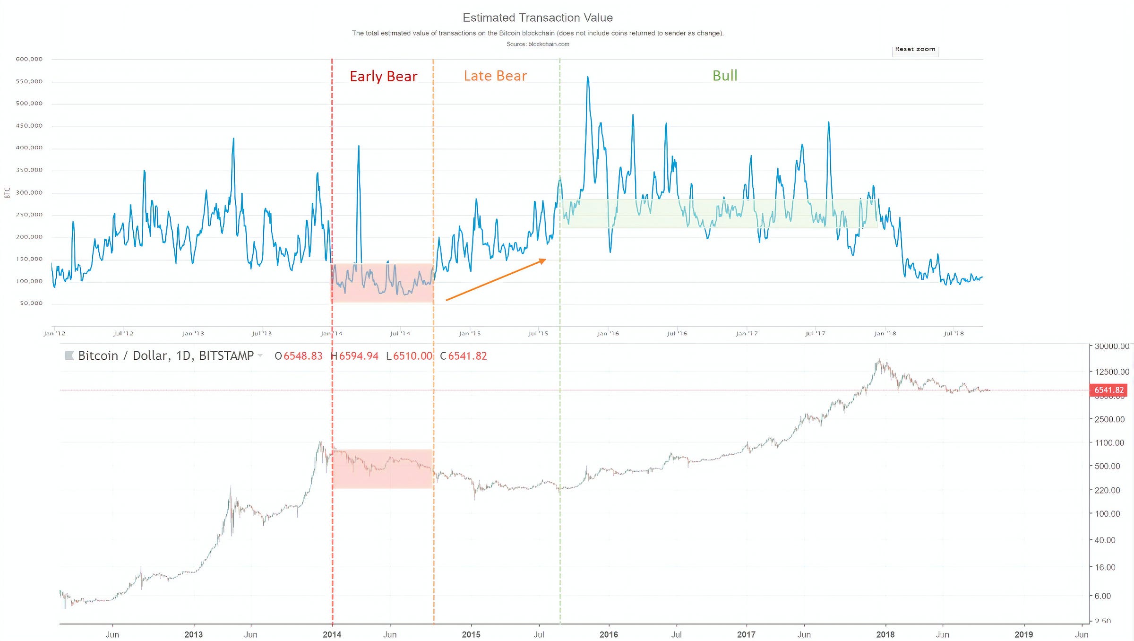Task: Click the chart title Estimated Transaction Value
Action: [x=538, y=18]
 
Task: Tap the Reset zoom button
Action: [x=915, y=50]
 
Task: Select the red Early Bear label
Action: [x=383, y=77]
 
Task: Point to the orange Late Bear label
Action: [x=495, y=76]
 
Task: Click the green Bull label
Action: [x=724, y=76]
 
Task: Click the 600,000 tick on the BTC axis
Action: [x=29, y=59]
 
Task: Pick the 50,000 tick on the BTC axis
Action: [x=31, y=303]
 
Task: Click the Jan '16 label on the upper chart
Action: [x=608, y=334]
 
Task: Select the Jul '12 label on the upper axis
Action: [x=124, y=334]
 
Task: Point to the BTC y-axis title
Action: [x=7, y=193]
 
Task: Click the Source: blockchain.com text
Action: [x=538, y=44]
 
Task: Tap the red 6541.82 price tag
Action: [x=1108, y=390]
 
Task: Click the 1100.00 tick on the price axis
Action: [x=1109, y=443]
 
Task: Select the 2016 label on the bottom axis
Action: [x=609, y=634]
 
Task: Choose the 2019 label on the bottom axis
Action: [x=1023, y=634]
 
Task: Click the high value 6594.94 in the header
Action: [x=359, y=356]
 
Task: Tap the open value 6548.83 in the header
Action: [x=303, y=356]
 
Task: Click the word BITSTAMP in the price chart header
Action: [x=226, y=355]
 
